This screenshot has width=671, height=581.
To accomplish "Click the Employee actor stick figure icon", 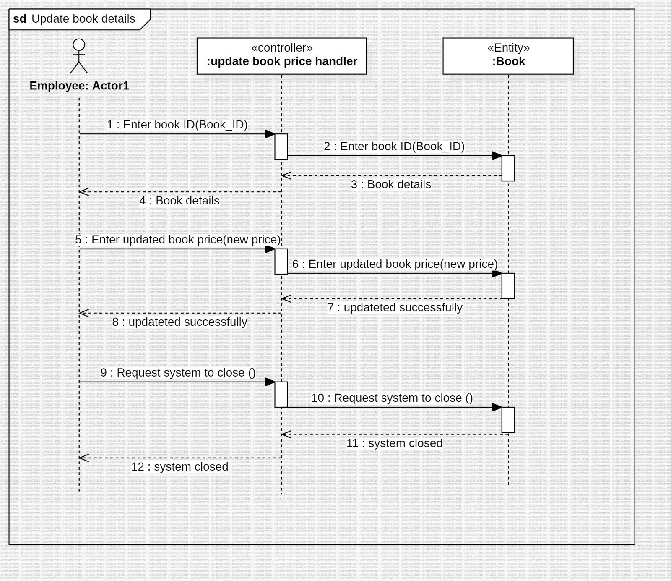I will click(79, 56).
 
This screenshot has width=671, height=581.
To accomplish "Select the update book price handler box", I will click(281, 56).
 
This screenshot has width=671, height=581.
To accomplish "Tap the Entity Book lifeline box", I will click(508, 56).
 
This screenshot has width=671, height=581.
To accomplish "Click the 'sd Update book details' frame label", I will click(75, 19).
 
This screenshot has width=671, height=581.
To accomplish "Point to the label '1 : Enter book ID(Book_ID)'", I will click(177, 125).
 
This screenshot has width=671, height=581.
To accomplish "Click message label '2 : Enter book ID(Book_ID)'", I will click(394, 147).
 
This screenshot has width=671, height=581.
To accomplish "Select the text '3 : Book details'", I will click(391, 184).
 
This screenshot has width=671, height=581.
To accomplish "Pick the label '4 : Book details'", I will click(179, 201).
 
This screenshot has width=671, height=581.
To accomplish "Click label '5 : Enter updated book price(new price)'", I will click(178, 240).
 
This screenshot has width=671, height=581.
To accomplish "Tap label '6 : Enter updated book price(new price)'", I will click(395, 264).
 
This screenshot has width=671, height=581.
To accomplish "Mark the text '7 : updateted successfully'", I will click(395, 307).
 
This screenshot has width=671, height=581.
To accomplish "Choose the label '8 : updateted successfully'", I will click(179, 322).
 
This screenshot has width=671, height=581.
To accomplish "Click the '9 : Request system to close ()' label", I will click(178, 373).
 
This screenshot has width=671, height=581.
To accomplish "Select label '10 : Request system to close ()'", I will click(392, 398).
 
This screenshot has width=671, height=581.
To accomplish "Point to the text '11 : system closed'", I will click(394, 443).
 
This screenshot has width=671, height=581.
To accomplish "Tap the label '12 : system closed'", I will click(179, 467).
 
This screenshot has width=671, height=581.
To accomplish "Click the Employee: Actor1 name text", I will click(79, 86).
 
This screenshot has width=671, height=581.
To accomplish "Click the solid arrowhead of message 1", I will click(270, 134).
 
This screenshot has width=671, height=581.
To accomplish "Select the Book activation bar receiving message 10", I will click(508, 419).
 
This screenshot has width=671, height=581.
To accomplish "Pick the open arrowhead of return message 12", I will click(83, 458).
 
